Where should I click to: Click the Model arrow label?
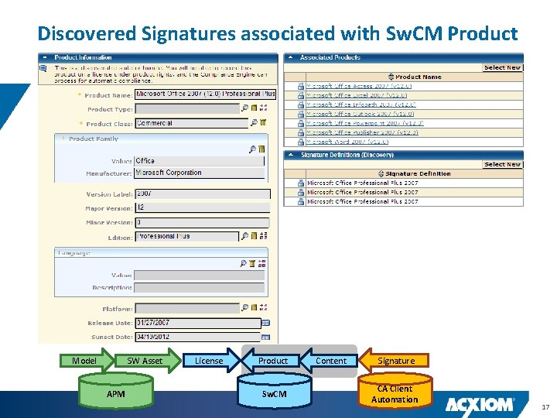click(x=84, y=361)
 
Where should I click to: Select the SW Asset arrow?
click(x=145, y=361)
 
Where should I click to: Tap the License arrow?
click(x=208, y=361)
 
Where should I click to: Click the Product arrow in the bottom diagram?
click(x=272, y=361)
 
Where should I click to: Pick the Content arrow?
click(x=331, y=361)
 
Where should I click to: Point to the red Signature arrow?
click(x=395, y=361)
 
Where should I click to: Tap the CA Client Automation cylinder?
click(x=394, y=393)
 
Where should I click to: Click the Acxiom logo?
click(x=480, y=403)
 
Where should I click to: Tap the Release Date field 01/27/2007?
click(x=198, y=322)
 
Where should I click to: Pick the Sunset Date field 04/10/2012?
click(x=198, y=337)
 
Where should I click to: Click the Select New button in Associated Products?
click(x=502, y=67)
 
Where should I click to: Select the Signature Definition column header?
click(x=418, y=173)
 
